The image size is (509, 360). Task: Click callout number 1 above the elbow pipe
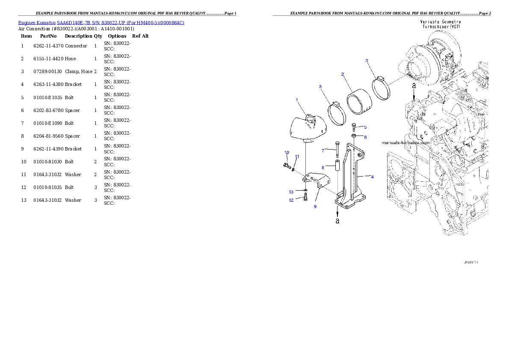296,100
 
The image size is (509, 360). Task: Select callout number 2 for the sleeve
343,74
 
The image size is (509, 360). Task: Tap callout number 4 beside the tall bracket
372,177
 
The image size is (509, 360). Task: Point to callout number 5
365,127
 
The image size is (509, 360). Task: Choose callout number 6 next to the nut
365,137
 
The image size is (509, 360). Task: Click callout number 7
323,150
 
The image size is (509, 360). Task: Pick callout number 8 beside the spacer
323,168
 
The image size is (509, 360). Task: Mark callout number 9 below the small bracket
315,207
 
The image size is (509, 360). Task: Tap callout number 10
287,153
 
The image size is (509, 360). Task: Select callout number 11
297,156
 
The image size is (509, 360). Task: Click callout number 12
291,200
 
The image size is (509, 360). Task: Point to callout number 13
291,192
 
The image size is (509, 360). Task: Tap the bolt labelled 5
354,127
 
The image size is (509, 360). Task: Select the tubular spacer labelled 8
337,165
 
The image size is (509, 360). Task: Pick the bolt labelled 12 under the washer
305,198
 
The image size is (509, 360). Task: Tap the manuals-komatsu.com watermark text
405,143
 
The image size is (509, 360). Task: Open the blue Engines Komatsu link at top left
101,23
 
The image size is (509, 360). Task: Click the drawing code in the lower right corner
471,263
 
